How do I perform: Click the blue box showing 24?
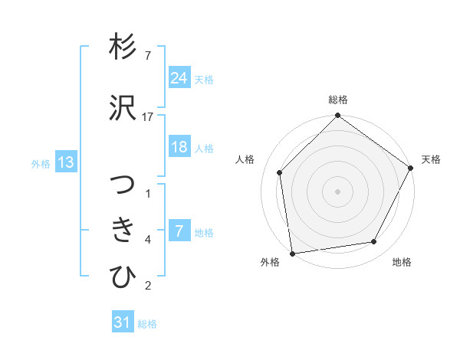click(179, 77)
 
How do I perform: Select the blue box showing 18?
click(179, 147)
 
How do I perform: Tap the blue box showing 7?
click(179, 231)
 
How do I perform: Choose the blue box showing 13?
click(65, 162)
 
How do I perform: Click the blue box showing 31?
click(123, 322)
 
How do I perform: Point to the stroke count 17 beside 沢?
click(147, 116)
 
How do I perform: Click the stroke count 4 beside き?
click(147, 240)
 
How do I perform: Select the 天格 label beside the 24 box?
click(204, 79)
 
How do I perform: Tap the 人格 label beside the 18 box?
click(204, 149)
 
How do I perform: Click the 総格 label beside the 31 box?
click(147, 324)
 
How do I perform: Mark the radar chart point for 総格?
click(337, 116)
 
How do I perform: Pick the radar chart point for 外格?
click(291, 253)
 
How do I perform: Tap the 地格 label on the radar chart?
click(402, 263)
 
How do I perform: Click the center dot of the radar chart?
click(337, 191)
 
